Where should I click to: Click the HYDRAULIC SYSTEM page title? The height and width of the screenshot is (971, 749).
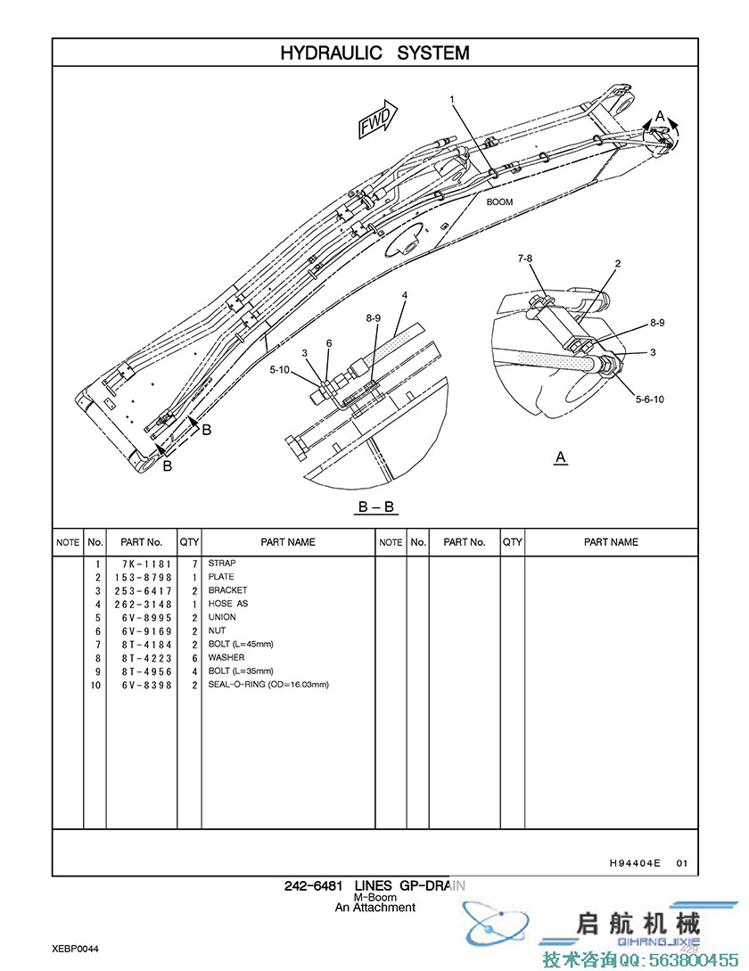(x=374, y=53)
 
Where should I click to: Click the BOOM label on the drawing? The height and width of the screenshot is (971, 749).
(x=499, y=202)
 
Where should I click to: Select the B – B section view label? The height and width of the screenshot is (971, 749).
(x=375, y=507)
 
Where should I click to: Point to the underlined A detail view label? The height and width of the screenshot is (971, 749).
(x=561, y=457)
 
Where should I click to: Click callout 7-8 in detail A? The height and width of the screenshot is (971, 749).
(x=525, y=259)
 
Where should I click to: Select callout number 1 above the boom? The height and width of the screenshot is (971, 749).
(x=452, y=99)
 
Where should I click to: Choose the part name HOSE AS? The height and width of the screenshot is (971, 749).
(x=228, y=604)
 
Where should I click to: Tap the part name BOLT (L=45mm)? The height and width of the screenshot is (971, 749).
(x=241, y=644)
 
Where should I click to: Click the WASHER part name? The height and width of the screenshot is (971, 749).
(x=226, y=658)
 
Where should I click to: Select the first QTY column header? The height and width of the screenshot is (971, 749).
(x=189, y=542)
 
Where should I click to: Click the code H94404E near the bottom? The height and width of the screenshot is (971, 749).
(x=636, y=862)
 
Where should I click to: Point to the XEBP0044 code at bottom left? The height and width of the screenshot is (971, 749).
(x=75, y=949)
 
